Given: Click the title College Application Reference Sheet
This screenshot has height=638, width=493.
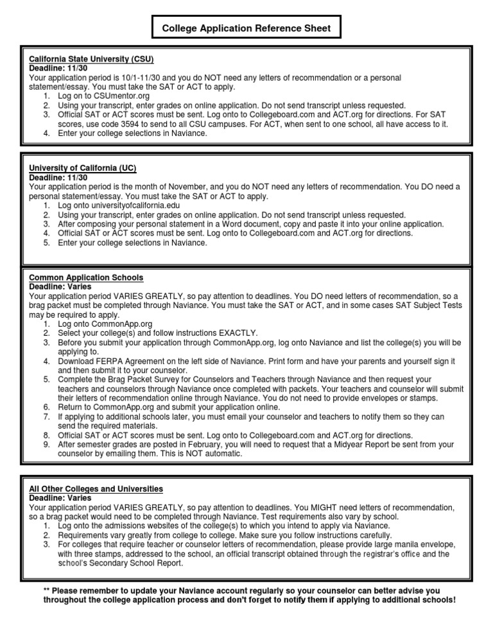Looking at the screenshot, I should point(246,28).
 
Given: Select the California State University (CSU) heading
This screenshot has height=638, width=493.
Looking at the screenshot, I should point(91,59).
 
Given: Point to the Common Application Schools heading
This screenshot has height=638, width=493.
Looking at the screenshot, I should point(86,277).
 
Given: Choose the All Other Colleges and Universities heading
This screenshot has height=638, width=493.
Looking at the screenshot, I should point(96,489).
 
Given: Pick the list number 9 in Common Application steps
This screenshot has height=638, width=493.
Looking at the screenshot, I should point(46,444).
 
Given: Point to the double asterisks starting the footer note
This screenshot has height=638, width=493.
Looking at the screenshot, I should point(47,590).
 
